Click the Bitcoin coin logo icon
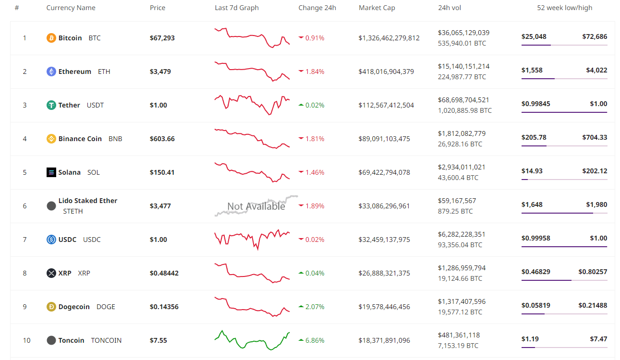click(x=51, y=38)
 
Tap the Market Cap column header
click(x=377, y=8)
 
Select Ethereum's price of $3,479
click(x=160, y=72)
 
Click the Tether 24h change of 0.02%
click(x=315, y=105)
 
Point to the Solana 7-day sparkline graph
click(x=252, y=172)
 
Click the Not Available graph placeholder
click(x=256, y=206)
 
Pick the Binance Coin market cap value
click(x=384, y=139)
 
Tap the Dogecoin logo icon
click(x=51, y=307)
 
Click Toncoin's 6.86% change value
click(x=315, y=340)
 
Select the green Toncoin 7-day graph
click(x=252, y=340)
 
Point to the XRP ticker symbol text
click(x=84, y=273)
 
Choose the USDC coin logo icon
click(x=51, y=240)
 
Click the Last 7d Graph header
click(x=237, y=8)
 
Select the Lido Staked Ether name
click(x=88, y=201)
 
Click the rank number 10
click(x=26, y=340)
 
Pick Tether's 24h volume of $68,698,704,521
click(x=463, y=100)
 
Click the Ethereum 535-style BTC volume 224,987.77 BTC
click(x=462, y=77)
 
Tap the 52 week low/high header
click(x=564, y=8)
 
